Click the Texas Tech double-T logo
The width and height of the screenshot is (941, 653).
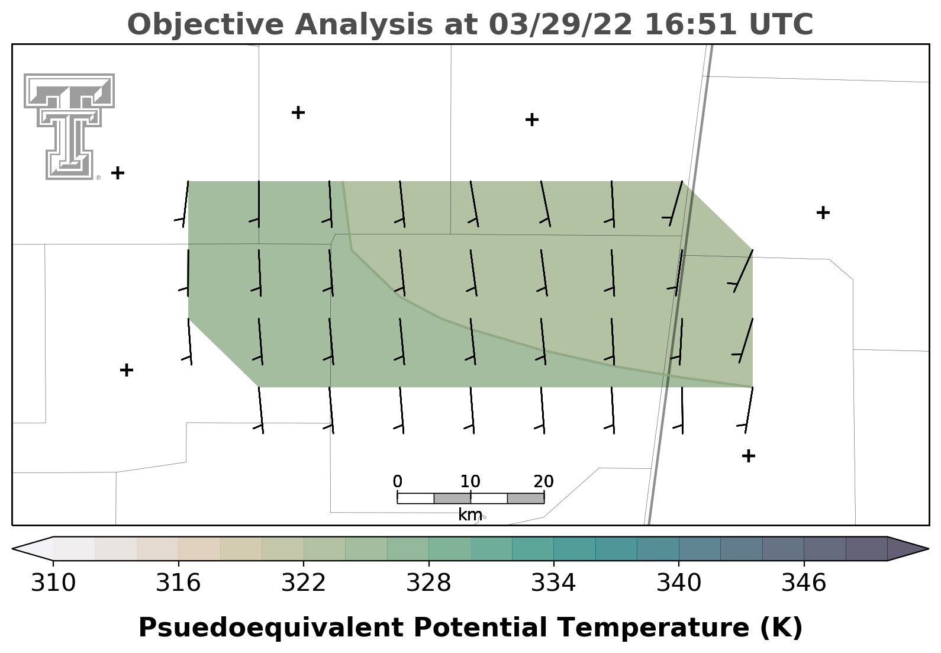(69, 127)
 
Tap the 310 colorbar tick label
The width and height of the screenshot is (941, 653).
(53, 583)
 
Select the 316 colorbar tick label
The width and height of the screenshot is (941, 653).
(178, 583)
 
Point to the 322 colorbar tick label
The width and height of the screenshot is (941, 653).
(303, 583)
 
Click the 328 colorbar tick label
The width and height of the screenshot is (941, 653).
(428, 583)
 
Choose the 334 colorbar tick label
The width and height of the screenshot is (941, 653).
(553, 583)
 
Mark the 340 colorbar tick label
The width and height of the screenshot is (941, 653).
(679, 583)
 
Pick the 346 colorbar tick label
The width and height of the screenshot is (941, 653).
(804, 583)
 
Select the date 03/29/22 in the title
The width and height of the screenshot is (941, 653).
(560, 24)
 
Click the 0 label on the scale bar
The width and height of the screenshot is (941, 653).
(397, 481)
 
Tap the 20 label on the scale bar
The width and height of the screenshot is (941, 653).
(544, 481)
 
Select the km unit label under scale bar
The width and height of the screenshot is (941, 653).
(470, 514)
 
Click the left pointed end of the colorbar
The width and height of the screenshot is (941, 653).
(13, 548)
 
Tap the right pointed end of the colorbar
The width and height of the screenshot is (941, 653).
(927, 548)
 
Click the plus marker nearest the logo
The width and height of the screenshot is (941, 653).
(118, 173)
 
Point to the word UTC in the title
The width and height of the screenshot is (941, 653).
(781, 24)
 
